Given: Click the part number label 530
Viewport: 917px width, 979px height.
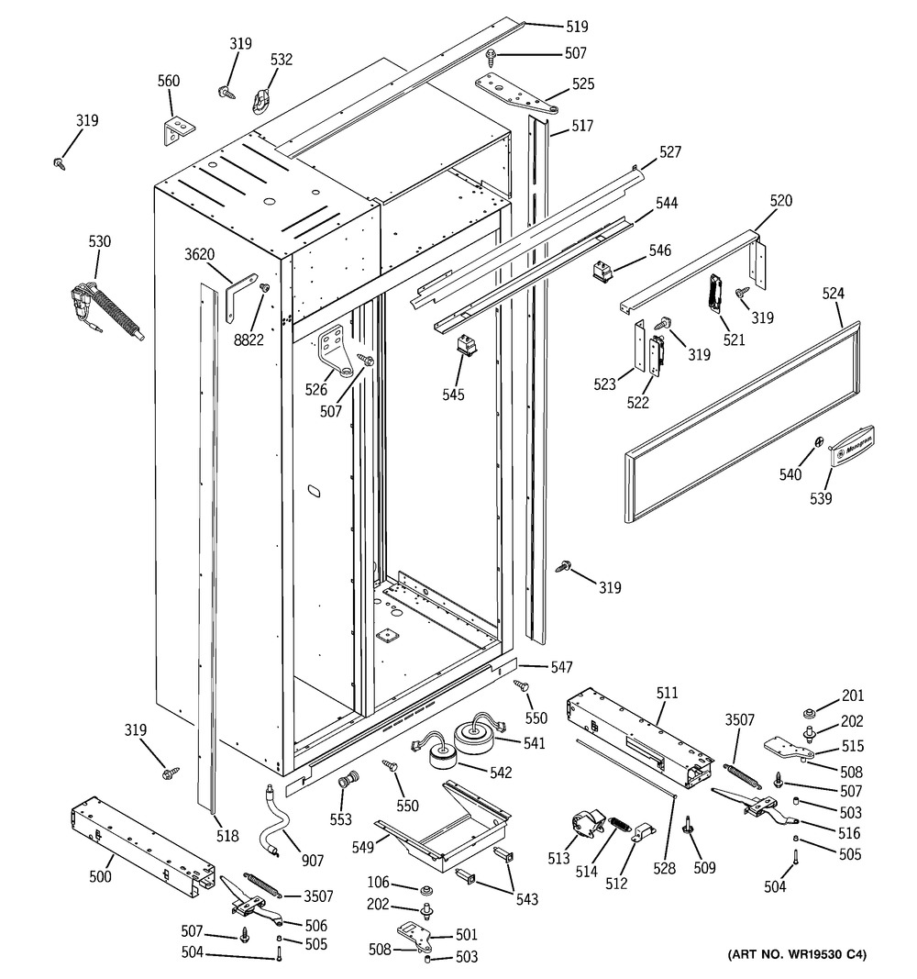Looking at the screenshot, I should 99,242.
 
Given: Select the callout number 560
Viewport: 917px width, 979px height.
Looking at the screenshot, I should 168,81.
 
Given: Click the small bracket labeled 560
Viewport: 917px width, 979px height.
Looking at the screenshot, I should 175,130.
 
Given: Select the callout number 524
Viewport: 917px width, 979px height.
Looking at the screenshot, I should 833,294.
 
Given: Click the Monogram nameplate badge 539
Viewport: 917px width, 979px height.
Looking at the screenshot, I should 852,447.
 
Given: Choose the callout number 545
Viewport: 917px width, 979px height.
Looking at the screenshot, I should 452,395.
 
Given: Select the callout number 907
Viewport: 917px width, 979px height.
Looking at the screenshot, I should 313,861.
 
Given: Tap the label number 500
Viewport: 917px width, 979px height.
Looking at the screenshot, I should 101,877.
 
